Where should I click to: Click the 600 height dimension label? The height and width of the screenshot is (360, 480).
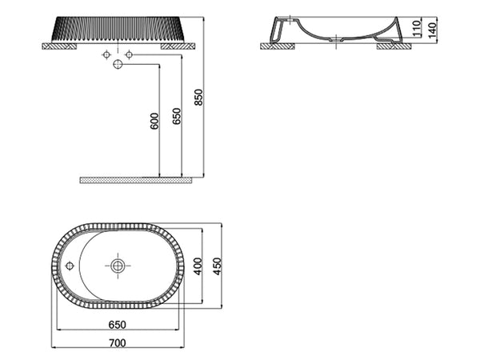tap(154, 120)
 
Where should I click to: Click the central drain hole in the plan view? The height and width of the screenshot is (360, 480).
tap(118, 266)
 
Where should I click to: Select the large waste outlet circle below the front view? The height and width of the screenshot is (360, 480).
tap(118, 65)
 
